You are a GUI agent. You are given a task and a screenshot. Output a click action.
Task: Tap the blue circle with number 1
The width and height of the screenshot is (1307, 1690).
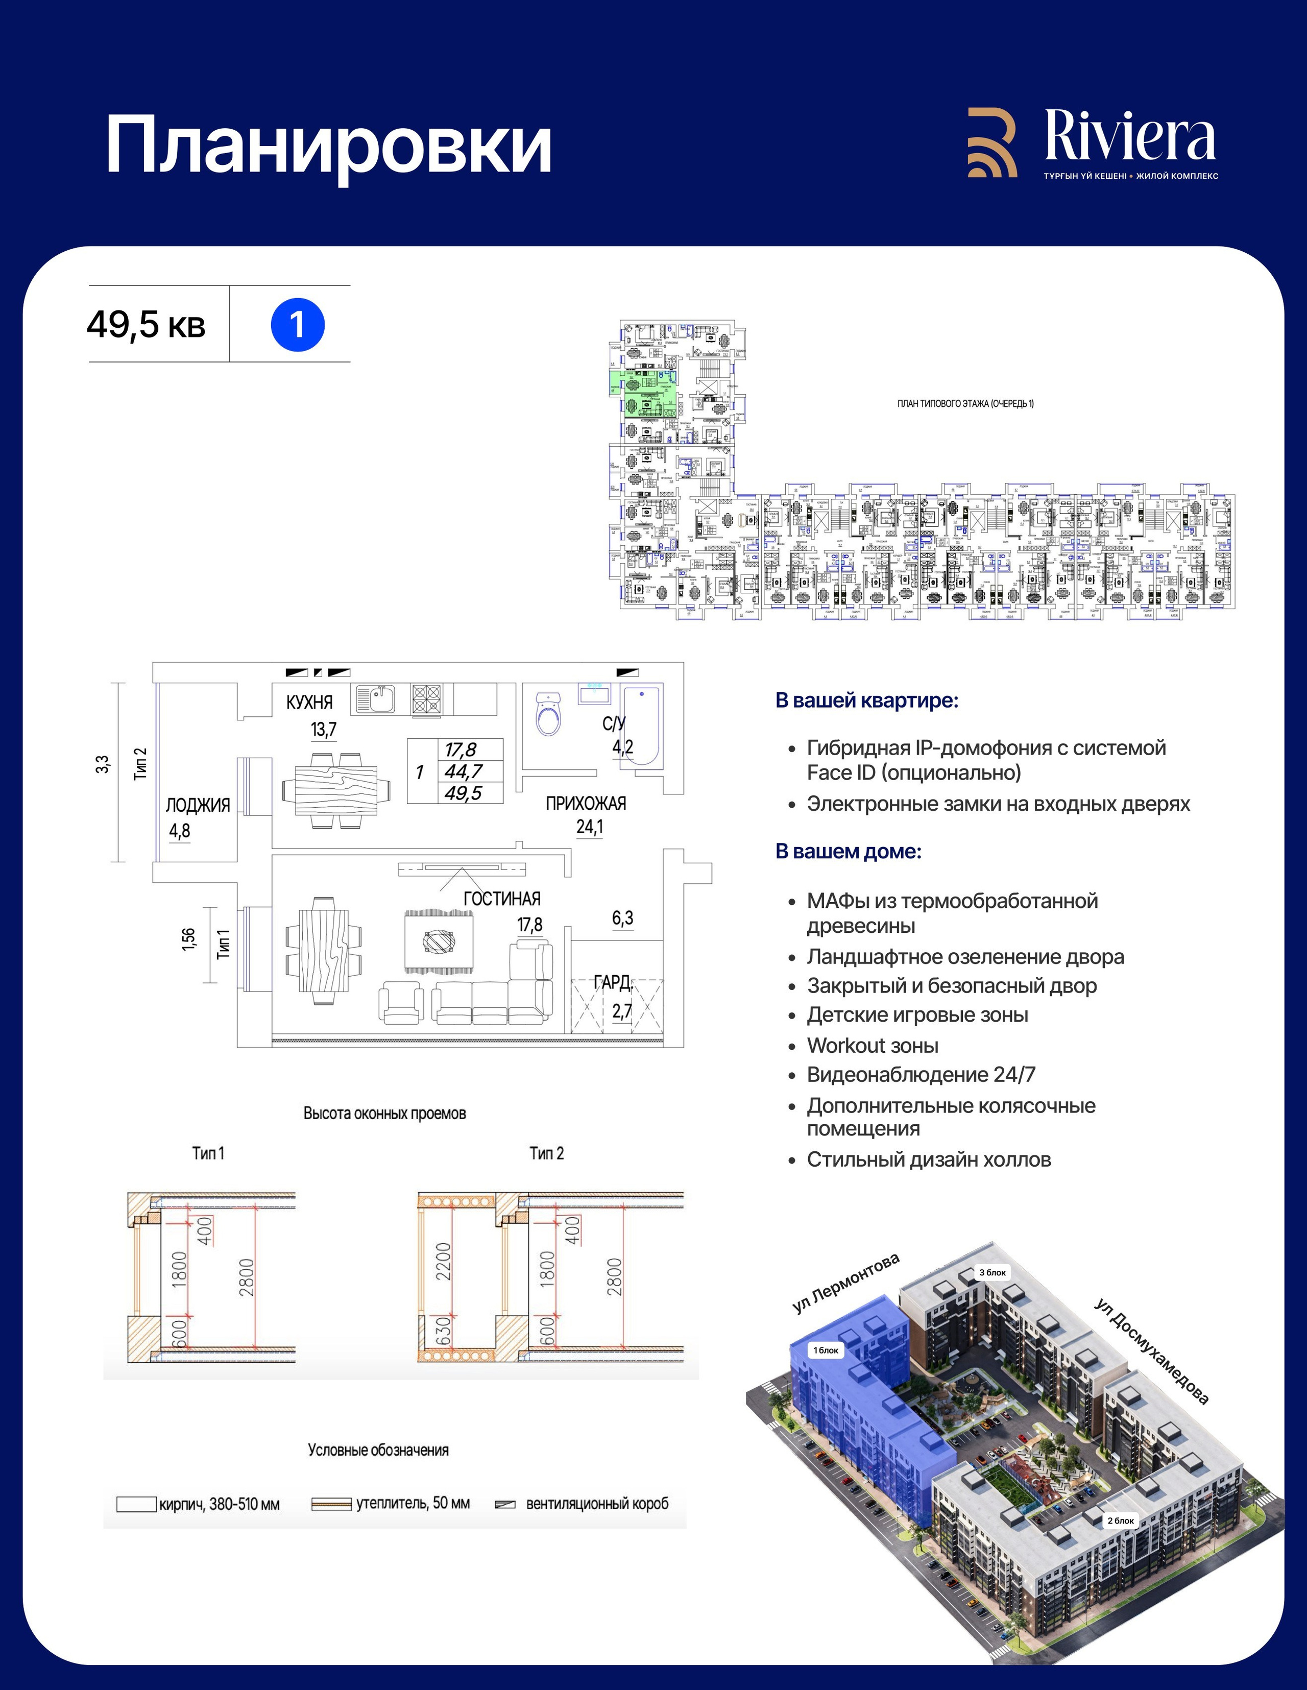click(297, 325)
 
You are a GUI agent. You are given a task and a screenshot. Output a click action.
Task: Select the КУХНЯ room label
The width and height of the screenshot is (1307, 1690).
click(309, 702)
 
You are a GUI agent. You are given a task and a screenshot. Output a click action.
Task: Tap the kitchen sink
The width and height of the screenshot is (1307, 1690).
click(375, 699)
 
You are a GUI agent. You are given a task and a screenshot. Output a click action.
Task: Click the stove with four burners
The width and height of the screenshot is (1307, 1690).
click(426, 699)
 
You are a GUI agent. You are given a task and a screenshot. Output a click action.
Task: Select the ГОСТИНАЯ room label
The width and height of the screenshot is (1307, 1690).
click(501, 899)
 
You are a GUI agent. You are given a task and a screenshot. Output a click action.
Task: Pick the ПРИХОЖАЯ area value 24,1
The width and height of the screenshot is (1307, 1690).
click(590, 827)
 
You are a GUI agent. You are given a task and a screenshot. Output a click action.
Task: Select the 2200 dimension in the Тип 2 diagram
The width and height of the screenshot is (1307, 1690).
click(443, 1261)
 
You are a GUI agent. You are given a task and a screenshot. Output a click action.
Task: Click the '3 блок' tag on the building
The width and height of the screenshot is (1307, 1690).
click(992, 1272)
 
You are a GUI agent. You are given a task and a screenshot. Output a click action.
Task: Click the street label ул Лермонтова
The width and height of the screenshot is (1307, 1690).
click(846, 1284)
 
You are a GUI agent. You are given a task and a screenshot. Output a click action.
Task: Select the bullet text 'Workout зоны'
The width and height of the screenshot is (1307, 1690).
click(872, 1046)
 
